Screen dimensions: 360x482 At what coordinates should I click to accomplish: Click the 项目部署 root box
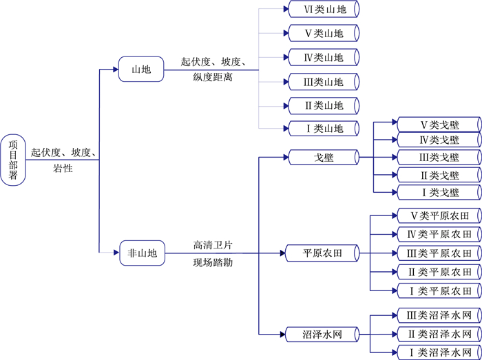(13, 160)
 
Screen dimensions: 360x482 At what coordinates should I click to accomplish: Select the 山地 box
(141, 70)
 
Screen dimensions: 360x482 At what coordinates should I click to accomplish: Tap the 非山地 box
(143, 253)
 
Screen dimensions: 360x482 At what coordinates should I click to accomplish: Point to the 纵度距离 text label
(213, 78)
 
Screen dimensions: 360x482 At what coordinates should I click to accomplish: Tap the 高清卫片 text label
(213, 244)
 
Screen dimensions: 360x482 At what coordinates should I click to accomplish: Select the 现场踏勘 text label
(213, 262)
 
